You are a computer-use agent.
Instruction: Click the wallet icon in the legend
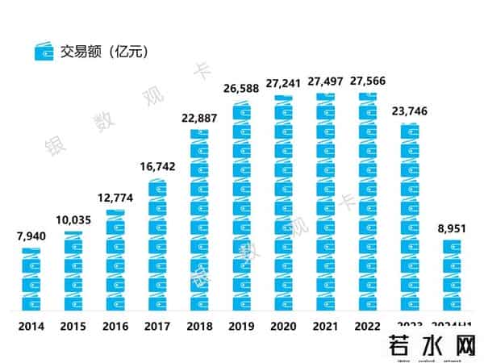pyautogui.click(x=44, y=51)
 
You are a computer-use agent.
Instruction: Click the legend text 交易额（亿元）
pyautogui.click(x=103, y=50)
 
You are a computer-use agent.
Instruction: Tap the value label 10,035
pyautogui.click(x=74, y=220)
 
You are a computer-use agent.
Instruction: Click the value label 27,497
pyautogui.click(x=327, y=80)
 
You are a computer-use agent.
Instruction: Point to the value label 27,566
pyautogui.click(x=369, y=80)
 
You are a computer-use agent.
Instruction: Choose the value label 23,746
pyautogui.click(x=411, y=109)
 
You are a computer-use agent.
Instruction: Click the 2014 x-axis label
pyautogui.click(x=31, y=328)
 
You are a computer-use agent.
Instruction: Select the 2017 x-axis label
pyautogui.click(x=158, y=328)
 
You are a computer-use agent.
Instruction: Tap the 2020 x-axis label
pyautogui.click(x=285, y=328)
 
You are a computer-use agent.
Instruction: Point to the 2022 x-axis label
pyautogui.click(x=369, y=328)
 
